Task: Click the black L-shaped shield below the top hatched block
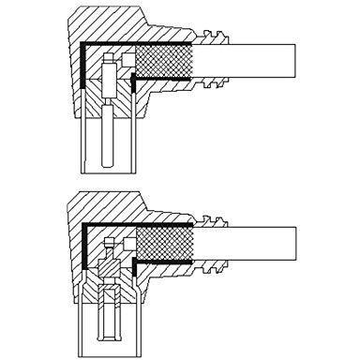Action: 137,85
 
